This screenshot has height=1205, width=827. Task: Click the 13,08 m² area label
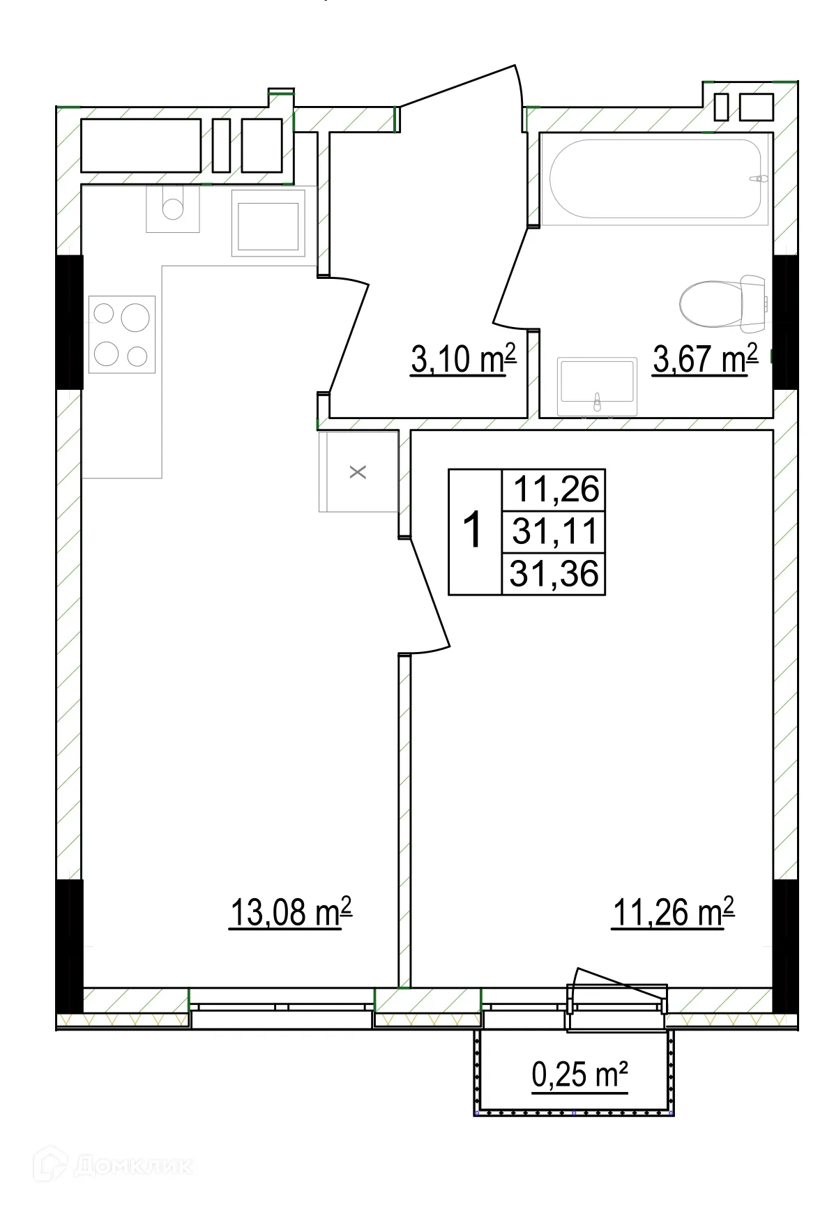291,912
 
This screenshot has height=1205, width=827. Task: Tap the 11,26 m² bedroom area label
674,912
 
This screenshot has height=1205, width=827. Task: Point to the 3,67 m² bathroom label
705,359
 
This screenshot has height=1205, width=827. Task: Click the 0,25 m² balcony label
579,1075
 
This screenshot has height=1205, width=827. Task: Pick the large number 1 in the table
473,531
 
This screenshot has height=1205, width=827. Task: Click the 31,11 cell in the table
554,531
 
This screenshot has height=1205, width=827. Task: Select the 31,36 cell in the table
554,574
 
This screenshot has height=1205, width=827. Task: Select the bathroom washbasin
597,385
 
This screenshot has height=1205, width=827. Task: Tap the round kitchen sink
172,208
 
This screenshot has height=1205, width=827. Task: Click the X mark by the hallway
358,472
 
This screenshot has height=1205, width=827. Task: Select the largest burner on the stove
135,319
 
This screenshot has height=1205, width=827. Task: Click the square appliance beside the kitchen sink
268,226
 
